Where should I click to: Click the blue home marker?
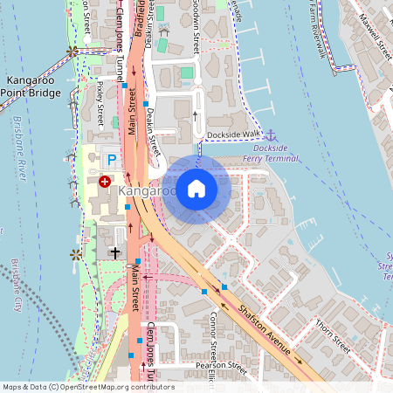pos(196,187)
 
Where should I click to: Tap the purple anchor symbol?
pos(271,134)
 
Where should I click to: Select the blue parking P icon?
pos(111,160)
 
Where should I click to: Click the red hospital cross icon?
pos(105,181)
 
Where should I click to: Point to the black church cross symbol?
pos(115,252)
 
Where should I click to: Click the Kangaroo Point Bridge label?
pos(31,86)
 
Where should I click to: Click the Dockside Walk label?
pos(234,134)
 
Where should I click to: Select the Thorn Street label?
pos(333,335)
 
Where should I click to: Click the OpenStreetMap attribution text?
pos(87,387)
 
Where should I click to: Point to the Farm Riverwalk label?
pos(321,26)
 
